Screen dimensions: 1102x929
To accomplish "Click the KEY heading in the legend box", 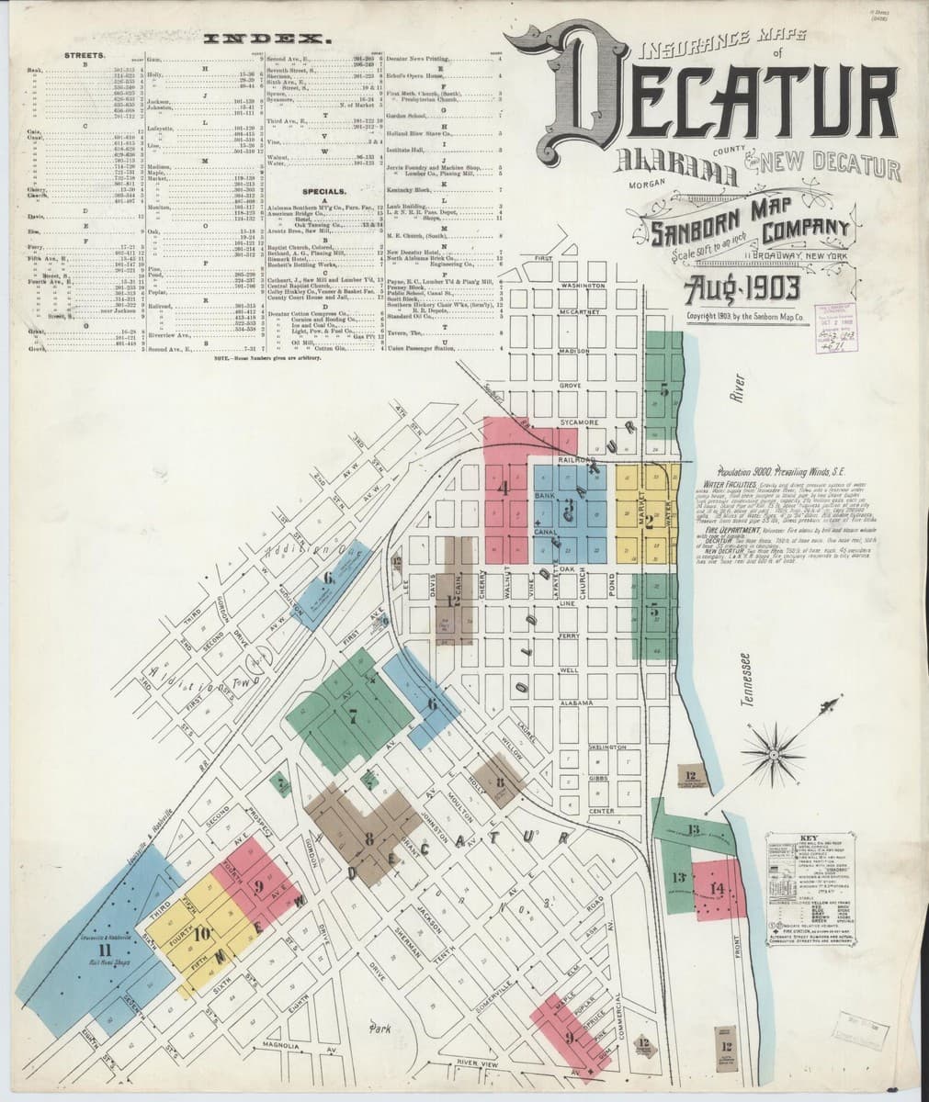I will click(808, 837).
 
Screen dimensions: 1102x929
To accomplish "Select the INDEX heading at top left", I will click(268, 40).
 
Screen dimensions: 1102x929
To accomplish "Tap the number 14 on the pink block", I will click(717, 887).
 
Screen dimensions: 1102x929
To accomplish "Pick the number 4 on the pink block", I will click(504, 489).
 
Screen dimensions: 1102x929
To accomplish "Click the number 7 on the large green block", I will click(354, 718).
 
